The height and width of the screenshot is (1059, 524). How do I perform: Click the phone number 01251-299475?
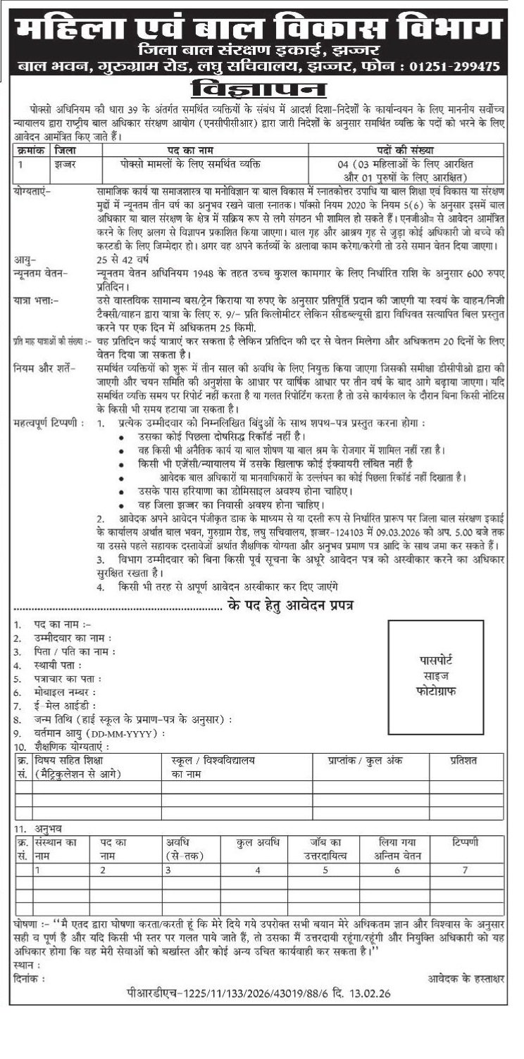(x=454, y=67)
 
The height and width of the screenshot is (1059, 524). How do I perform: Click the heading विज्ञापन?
(x=261, y=90)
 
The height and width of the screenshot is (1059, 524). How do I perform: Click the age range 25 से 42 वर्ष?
(x=123, y=258)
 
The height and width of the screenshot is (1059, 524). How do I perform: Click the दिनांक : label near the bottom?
(x=29, y=979)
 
